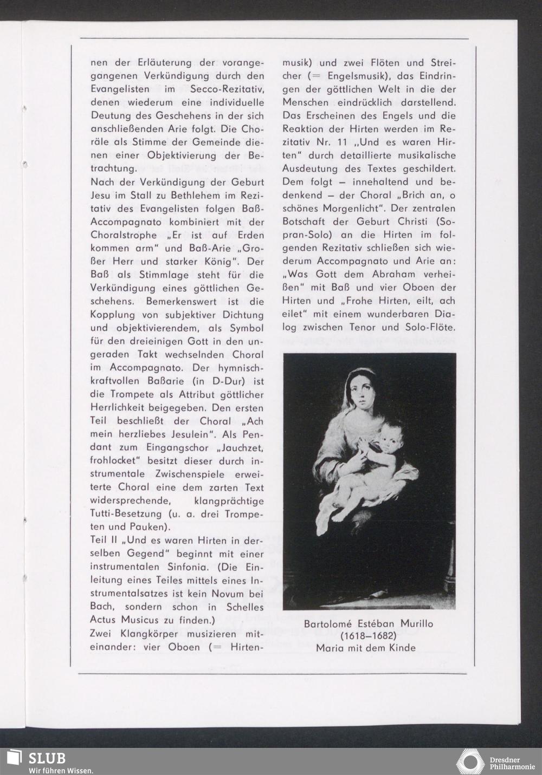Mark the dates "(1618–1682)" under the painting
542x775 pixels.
pyautogui.click(x=369, y=635)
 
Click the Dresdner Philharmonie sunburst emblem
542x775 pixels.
pyautogui.click(x=470, y=761)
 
